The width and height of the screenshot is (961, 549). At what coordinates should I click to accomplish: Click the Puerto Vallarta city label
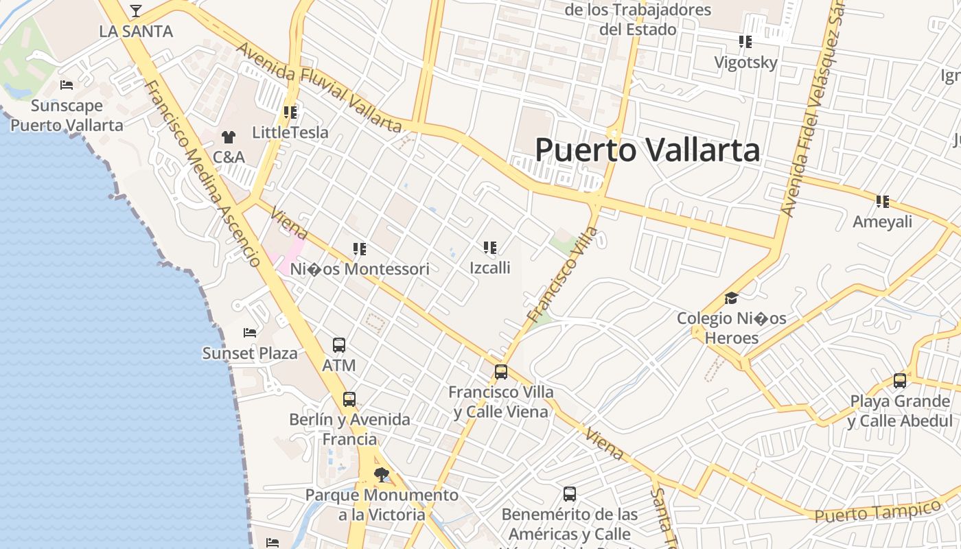click(647, 150)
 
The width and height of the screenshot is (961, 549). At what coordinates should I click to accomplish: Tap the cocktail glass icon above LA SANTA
click(136, 11)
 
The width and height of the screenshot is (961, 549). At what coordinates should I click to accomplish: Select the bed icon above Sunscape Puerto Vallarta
click(67, 85)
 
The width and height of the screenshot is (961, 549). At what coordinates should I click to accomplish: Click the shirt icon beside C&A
click(228, 137)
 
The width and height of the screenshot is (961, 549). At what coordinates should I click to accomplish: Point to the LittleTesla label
click(290, 132)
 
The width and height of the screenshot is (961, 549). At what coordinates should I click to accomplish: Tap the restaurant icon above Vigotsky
click(745, 42)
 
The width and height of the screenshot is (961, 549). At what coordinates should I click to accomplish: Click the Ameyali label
click(882, 222)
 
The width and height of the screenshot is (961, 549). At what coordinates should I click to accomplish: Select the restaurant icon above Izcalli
click(489, 247)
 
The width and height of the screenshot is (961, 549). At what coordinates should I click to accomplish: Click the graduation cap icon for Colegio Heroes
click(731, 299)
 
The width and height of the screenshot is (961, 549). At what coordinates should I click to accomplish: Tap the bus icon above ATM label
click(338, 344)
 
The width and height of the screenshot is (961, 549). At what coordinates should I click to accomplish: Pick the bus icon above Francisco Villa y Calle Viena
click(501, 372)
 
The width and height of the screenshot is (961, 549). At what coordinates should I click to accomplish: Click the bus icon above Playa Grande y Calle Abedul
click(899, 380)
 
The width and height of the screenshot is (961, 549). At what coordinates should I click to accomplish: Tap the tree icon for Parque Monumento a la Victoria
click(382, 474)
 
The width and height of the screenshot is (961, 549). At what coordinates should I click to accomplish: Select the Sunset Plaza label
click(250, 353)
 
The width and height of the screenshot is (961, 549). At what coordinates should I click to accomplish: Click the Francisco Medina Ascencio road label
click(204, 175)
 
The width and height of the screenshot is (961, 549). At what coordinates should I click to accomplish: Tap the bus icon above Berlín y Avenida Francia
click(349, 399)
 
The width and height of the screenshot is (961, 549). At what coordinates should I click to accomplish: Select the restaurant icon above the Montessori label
click(360, 248)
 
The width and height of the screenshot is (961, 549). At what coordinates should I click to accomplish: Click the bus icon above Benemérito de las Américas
click(570, 493)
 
